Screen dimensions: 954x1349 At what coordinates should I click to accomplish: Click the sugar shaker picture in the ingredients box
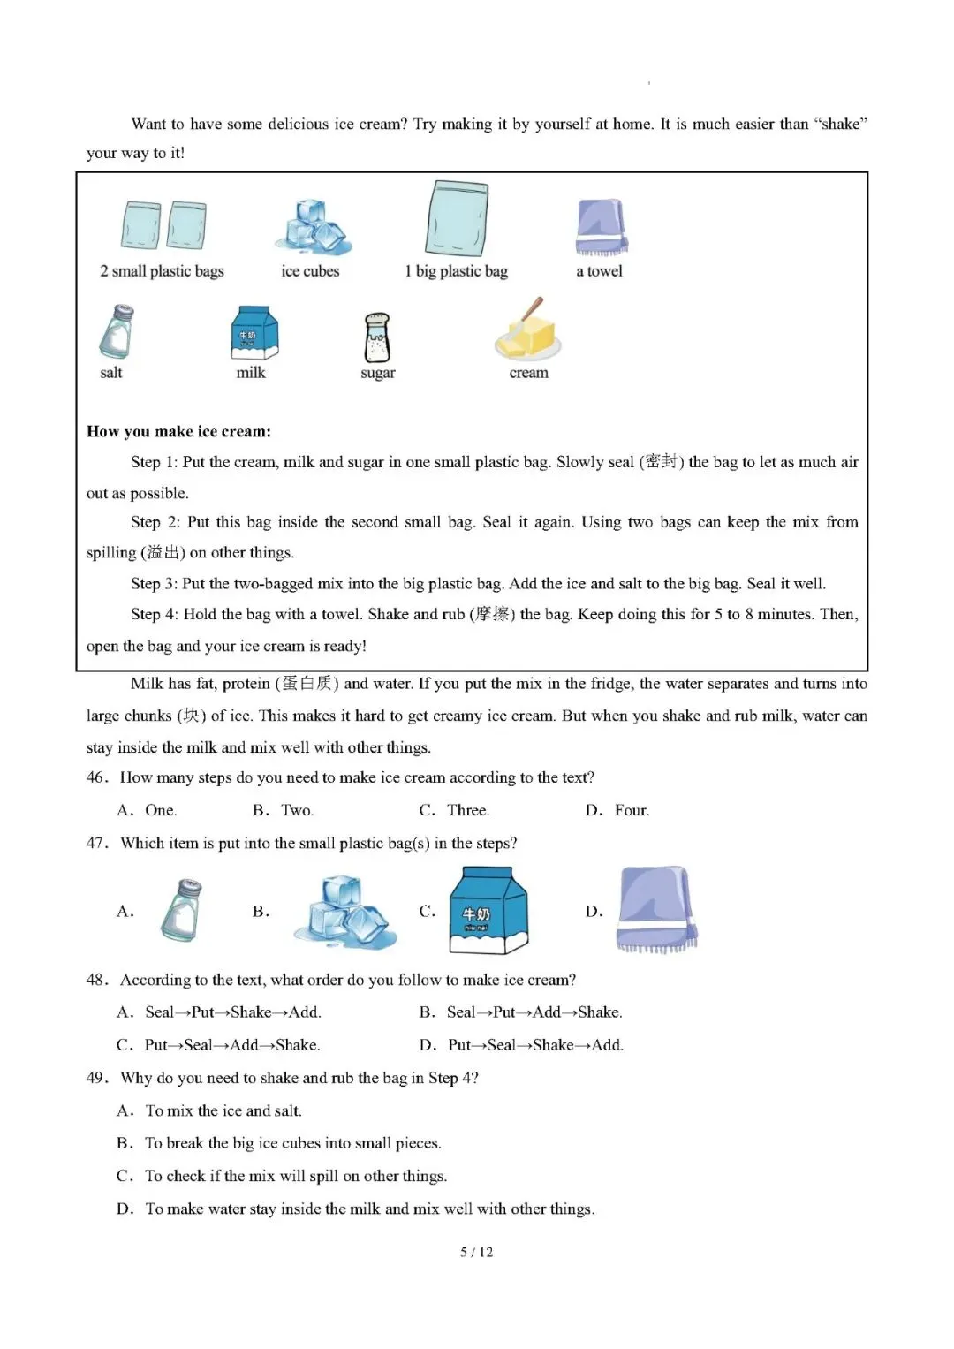[378, 337]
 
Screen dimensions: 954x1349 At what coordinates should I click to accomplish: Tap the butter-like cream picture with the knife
[528, 330]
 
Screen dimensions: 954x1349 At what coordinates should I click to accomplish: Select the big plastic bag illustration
[456, 218]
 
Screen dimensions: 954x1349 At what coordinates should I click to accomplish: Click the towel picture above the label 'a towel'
[601, 227]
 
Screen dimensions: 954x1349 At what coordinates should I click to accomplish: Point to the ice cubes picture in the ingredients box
[314, 228]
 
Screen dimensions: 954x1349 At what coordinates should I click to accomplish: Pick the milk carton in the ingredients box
[254, 332]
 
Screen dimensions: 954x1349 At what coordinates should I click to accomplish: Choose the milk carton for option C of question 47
[488, 910]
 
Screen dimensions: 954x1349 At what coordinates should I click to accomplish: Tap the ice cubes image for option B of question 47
[345, 912]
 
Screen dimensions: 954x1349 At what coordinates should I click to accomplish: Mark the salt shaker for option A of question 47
[181, 910]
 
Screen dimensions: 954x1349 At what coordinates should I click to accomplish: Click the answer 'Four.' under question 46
[632, 811]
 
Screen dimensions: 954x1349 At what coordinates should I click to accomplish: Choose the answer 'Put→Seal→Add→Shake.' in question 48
[231, 1045]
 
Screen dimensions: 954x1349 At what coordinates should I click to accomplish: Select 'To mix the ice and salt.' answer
[223, 1110]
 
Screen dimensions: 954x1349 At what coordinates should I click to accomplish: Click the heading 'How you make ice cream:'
[178, 431]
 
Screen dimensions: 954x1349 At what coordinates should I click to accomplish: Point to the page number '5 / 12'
[476, 1252]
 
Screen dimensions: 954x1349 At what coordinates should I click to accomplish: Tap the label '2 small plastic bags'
[162, 271]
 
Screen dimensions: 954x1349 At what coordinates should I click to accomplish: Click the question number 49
[97, 1078]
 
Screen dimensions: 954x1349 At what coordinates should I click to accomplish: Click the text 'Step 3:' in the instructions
[155, 584]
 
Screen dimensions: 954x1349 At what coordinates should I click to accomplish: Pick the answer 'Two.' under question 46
[297, 811]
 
